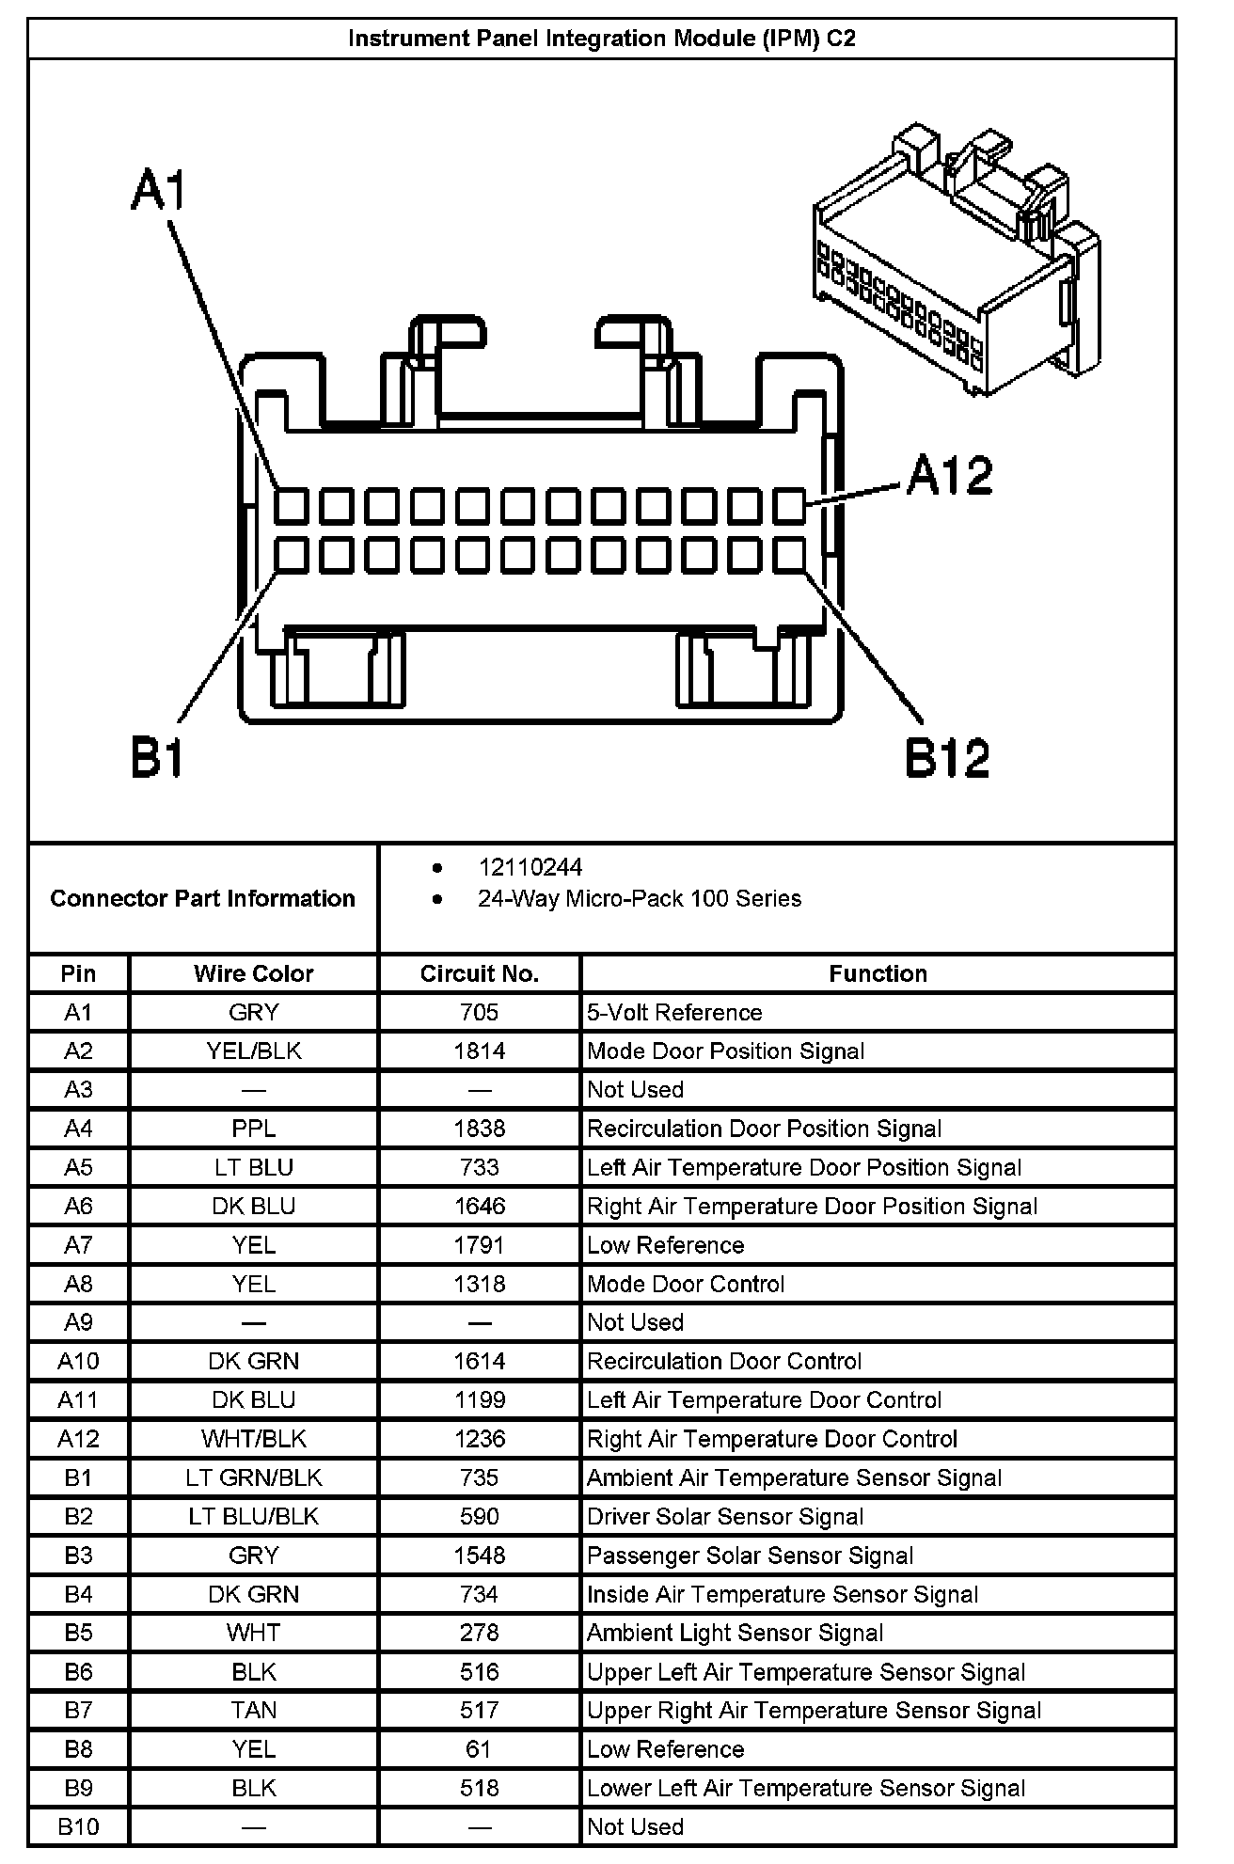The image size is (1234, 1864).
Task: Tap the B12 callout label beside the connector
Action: (947, 758)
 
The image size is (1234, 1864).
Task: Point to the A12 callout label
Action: (949, 475)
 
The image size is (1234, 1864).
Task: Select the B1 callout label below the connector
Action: (156, 758)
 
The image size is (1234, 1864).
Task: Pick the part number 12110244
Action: (530, 867)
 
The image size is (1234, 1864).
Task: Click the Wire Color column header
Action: (253, 973)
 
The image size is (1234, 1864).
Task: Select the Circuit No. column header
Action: (479, 973)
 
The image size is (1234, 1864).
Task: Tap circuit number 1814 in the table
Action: (479, 1050)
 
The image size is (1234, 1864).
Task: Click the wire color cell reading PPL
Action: (253, 1128)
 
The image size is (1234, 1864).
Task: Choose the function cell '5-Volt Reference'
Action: (674, 1012)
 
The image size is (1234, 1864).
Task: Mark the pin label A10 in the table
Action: (78, 1361)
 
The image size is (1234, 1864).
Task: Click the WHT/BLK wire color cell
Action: (253, 1439)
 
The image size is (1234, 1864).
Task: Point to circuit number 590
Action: (479, 1516)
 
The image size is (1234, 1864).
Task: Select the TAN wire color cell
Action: (253, 1710)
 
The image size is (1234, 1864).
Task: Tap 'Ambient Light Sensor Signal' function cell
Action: (735, 1633)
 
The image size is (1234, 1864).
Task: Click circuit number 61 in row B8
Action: (479, 1748)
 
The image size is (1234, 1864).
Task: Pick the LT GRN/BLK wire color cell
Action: (253, 1477)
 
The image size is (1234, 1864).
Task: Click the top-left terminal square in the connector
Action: (292, 506)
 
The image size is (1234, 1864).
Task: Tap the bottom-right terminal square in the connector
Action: (790, 556)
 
